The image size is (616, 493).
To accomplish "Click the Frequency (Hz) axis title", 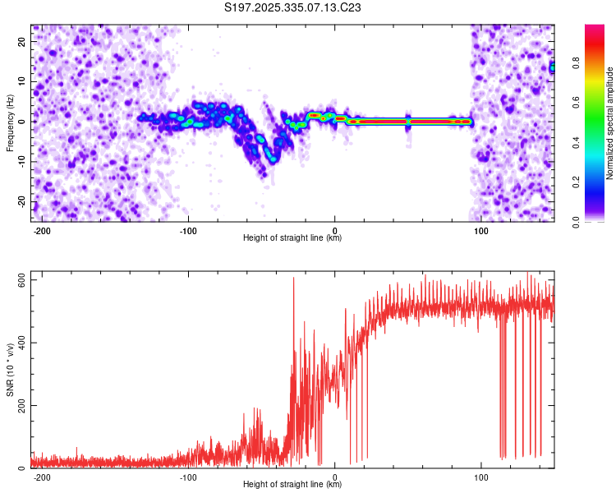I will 10,123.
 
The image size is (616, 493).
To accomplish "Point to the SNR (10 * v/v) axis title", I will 10,374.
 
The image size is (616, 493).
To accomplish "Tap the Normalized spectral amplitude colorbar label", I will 610,123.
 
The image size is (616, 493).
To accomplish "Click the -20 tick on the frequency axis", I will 20,201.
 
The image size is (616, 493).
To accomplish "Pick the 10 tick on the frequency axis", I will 21,81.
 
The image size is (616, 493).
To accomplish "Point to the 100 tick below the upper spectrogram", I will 481,230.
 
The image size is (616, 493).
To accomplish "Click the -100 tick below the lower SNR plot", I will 188,477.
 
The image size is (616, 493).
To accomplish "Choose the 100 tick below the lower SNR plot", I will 481,477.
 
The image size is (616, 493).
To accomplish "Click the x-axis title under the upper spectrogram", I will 292,238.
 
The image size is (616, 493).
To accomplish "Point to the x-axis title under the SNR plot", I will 292,485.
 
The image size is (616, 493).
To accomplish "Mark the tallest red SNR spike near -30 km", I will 293,280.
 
